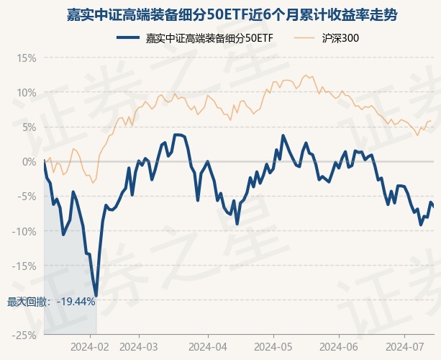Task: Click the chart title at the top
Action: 220,14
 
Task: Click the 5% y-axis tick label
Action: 28,127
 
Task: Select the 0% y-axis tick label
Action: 28,161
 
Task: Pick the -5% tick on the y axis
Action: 27,196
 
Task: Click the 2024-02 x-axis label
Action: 91,346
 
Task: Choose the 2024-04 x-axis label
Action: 207,346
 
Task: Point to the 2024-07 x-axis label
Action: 404,346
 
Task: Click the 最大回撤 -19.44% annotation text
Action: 51,301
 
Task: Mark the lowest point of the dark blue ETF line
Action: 96,295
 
